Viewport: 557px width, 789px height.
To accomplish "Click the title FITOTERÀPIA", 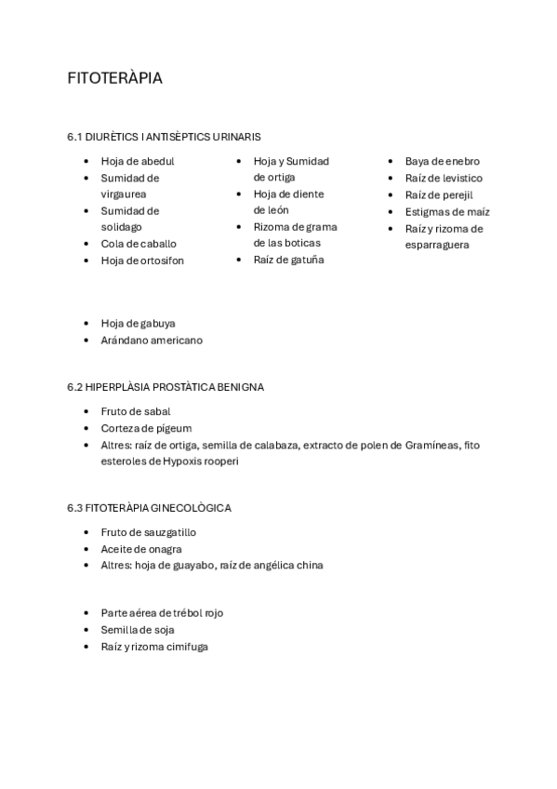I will coord(114,78).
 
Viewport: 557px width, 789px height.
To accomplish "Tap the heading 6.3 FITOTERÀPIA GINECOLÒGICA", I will coord(149,508).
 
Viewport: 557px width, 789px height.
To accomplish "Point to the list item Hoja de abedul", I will coord(137,161).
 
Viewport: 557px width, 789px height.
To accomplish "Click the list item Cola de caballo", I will coord(138,244).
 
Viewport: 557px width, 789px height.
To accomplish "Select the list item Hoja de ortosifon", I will coord(142,261).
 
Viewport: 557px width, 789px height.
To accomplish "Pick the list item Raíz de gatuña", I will coord(288,261).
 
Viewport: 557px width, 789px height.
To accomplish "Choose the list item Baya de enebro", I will coord(442,161).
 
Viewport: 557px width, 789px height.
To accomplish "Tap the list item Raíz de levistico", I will coord(444,178).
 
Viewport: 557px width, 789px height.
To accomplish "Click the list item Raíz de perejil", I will coord(439,194).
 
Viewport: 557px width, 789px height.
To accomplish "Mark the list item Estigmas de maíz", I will coord(447,211).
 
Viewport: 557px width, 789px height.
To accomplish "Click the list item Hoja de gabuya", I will coord(138,323).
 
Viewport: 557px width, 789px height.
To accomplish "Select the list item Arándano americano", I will coord(152,340).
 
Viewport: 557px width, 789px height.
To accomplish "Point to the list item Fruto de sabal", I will coord(135,411).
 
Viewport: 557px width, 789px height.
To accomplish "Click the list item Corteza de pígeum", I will coord(146,428).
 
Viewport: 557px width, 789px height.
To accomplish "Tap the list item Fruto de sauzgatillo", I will coord(148,532).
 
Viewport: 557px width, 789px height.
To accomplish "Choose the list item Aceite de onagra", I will coord(140,549).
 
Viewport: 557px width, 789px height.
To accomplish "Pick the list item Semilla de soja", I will coord(138,630).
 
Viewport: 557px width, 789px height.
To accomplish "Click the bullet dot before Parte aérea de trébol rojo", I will coord(86,613).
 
